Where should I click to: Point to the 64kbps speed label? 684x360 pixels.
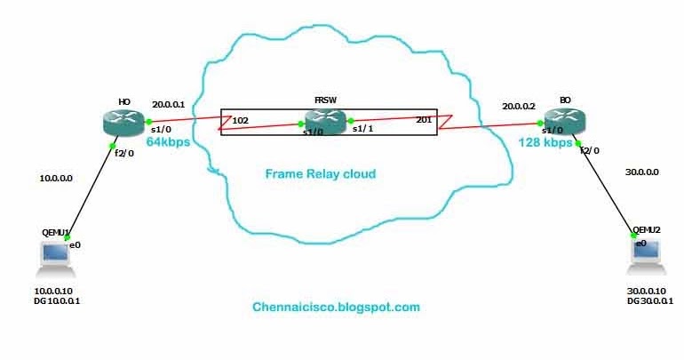(x=169, y=141)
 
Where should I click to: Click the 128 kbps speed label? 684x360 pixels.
(x=545, y=142)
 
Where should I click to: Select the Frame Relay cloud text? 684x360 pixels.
(x=320, y=174)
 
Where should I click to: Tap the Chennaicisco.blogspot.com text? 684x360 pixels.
(x=336, y=308)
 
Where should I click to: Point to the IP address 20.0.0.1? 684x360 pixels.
(x=170, y=103)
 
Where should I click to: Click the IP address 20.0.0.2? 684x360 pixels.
(x=520, y=105)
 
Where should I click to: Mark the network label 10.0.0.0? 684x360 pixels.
(x=56, y=178)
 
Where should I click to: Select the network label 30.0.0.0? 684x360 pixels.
(x=641, y=172)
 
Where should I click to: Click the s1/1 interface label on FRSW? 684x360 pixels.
(x=363, y=130)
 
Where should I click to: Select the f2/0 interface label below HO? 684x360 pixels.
(x=123, y=153)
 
